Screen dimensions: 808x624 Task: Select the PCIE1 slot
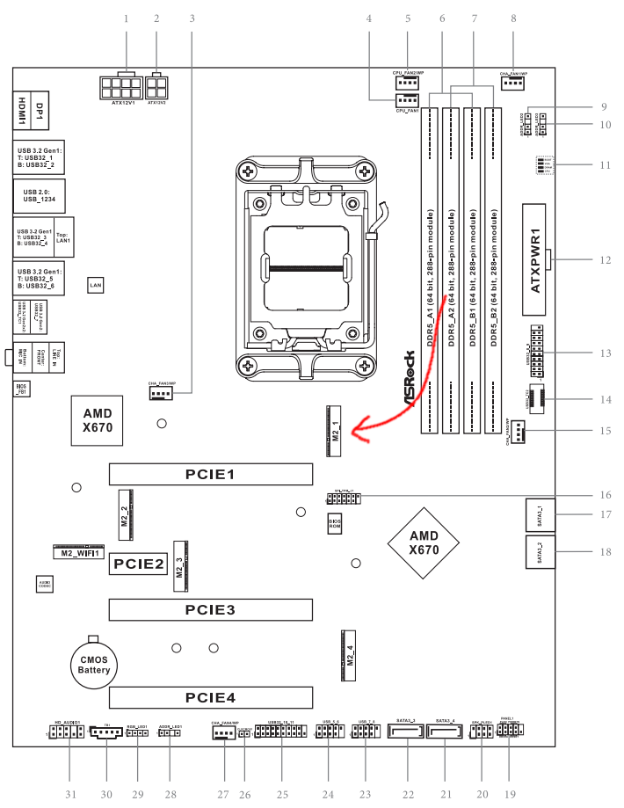(211, 475)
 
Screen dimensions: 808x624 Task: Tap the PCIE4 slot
(211, 698)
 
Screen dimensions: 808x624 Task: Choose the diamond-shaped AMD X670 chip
(424, 542)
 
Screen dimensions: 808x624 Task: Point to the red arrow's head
(353, 432)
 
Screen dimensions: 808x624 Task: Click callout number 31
(71, 794)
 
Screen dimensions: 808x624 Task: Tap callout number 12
(605, 260)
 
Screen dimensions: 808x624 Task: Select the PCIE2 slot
(138, 564)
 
